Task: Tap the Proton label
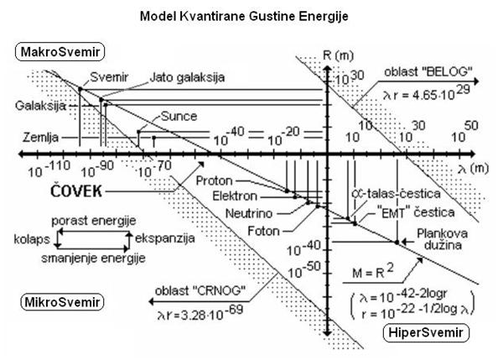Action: [216, 180]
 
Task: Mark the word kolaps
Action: [31, 239]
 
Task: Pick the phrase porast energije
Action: [94, 221]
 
